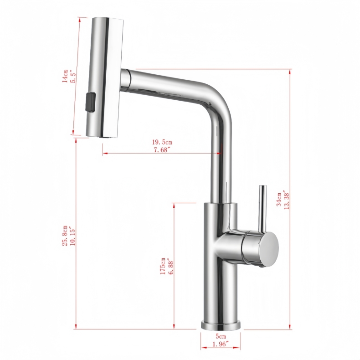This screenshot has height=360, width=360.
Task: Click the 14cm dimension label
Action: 66,76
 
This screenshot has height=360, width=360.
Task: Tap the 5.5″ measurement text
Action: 72,77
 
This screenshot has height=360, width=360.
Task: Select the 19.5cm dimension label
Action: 163,142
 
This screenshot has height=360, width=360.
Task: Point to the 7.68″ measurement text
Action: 163,150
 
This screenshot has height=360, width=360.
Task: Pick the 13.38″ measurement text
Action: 286,199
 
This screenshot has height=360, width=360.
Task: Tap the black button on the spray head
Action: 90,101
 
